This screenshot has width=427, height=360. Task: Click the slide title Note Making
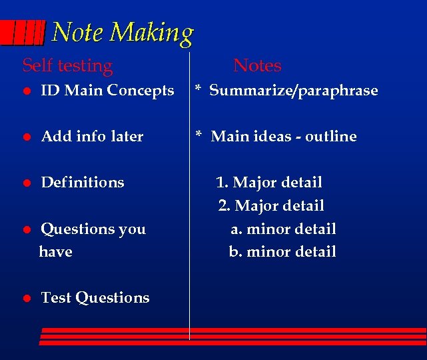(x=123, y=33)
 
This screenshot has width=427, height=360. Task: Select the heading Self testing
(x=68, y=65)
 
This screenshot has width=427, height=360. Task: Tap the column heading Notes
(x=257, y=65)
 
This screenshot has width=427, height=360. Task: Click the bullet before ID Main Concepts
(x=27, y=91)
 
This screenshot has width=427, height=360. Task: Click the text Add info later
(x=92, y=136)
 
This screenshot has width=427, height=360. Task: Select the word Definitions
(x=83, y=182)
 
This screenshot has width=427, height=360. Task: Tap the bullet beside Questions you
(x=27, y=229)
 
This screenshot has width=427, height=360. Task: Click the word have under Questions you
(x=56, y=251)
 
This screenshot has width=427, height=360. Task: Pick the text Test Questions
(x=95, y=297)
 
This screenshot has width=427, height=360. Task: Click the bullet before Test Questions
(x=27, y=298)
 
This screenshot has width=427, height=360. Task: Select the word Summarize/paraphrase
(x=293, y=91)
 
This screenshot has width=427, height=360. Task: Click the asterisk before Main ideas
(x=199, y=136)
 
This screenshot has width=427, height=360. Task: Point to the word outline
(x=331, y=136)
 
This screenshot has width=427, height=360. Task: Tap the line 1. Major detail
(x=269, y=182)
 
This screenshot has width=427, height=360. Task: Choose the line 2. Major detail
(x=271, y=205)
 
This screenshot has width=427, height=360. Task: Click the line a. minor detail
(x=283, y=229)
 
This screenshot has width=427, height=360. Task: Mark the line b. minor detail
(x=282, y=251)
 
